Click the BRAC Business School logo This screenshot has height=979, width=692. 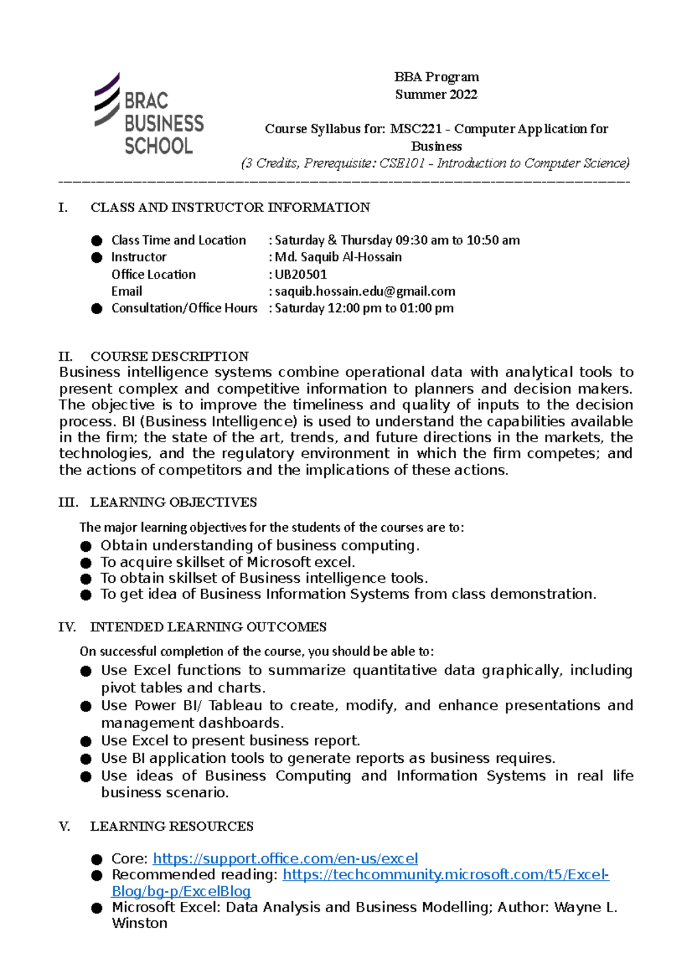[x=149, y=115]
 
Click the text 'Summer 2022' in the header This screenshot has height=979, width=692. [x=436, y=95]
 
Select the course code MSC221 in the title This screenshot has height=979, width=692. [x=415, y=129]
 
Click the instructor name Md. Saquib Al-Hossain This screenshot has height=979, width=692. [x=338, y=257]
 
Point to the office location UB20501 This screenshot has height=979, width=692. [x=300, y=274]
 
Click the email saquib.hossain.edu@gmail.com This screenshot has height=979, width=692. [x=364, y=292]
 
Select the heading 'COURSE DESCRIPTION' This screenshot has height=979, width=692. [x=170, y=356]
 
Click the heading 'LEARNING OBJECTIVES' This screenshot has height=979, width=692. [x=173, y=502]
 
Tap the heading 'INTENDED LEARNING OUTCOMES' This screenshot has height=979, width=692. [x=208, y=627]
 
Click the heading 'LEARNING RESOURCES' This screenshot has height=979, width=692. [x=171, y=826]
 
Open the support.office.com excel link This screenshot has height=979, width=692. [x=285, y=858]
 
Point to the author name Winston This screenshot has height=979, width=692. [x=140, y=923]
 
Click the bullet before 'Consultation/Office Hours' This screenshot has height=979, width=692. [x=96, y=309]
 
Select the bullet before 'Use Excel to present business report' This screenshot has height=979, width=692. [x=86, y=741]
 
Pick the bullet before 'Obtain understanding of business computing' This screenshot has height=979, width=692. [x=86, y=546]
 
